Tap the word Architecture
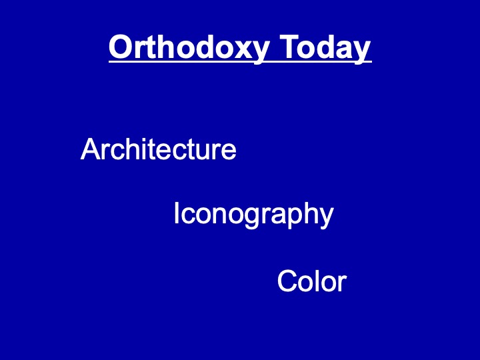[x=158, y=149]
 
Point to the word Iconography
[x=253, y=214]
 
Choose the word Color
[x=312, y=281]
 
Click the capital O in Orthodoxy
[x=121, y=47]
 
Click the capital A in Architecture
[x=91, y=149]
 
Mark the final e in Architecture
[x=229, y=151]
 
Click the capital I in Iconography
[x=176, y=213]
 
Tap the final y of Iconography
[x=325, y=219]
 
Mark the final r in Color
[x=342, y=283]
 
